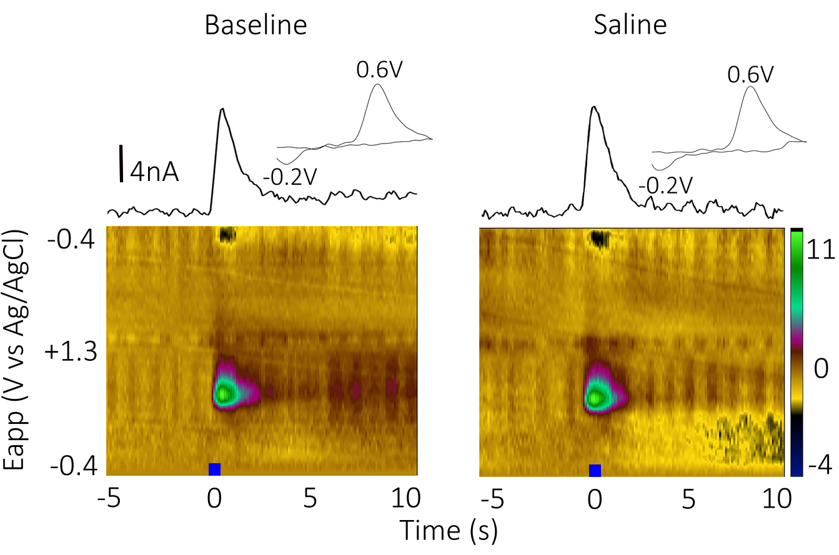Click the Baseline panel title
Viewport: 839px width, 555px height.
256,26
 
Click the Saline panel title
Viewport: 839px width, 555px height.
630,26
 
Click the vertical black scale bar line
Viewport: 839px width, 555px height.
121,164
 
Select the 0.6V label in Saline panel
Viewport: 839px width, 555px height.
751,76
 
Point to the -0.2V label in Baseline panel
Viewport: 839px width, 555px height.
290,178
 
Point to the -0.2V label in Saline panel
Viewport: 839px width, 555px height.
665,185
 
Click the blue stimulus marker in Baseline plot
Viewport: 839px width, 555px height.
214,469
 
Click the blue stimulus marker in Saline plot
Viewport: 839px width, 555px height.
595,470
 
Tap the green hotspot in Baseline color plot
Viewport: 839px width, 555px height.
224,393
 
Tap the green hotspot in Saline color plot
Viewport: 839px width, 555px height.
596,396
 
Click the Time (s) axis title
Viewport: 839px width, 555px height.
448,530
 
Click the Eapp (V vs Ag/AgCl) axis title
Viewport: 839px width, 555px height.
17,350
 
